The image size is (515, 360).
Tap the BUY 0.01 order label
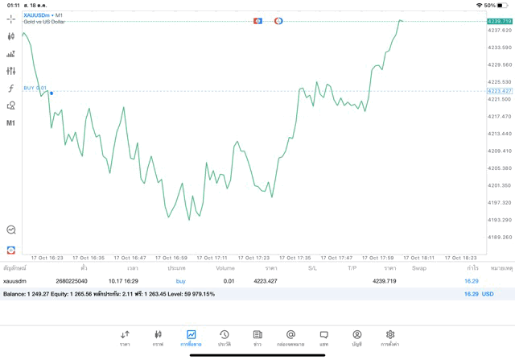tap(35, 88)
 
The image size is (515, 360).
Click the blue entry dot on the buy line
tap(51, 93)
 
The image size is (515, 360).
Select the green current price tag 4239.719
tap(500, 21)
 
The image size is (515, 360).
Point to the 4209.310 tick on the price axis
tap(500, 151)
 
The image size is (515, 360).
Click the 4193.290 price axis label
tap(500, 220)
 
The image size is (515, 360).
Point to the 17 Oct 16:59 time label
tap(170, 258)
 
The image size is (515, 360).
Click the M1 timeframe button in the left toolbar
tap(11, 123)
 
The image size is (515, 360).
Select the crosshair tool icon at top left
tap(11, 19)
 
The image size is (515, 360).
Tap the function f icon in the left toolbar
tap(11, 89)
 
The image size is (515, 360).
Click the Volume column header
tap(225, 268)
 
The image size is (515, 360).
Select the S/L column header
tap(312, 268)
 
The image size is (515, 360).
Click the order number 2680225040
tap(72, 281)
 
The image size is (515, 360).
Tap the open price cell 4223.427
tap(266, 281)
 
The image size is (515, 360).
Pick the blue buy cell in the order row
tap(180, 281)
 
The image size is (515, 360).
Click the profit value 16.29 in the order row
tap(472, 281)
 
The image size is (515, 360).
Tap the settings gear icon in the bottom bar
tap(390, 337)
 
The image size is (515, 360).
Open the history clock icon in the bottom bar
tap(225, 337)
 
